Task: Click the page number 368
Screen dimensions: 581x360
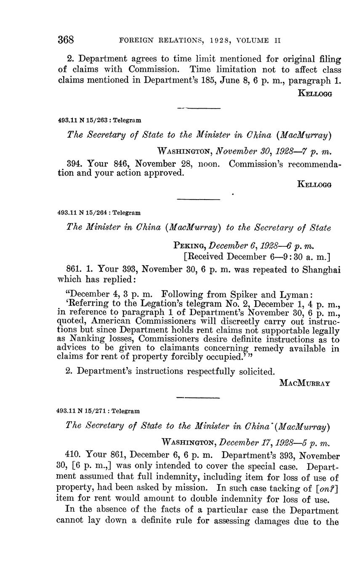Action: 66,40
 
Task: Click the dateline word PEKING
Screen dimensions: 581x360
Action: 189,245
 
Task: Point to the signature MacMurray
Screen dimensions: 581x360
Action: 305,383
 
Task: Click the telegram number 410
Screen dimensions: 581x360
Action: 74,456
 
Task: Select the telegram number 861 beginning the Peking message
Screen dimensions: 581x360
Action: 74,269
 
